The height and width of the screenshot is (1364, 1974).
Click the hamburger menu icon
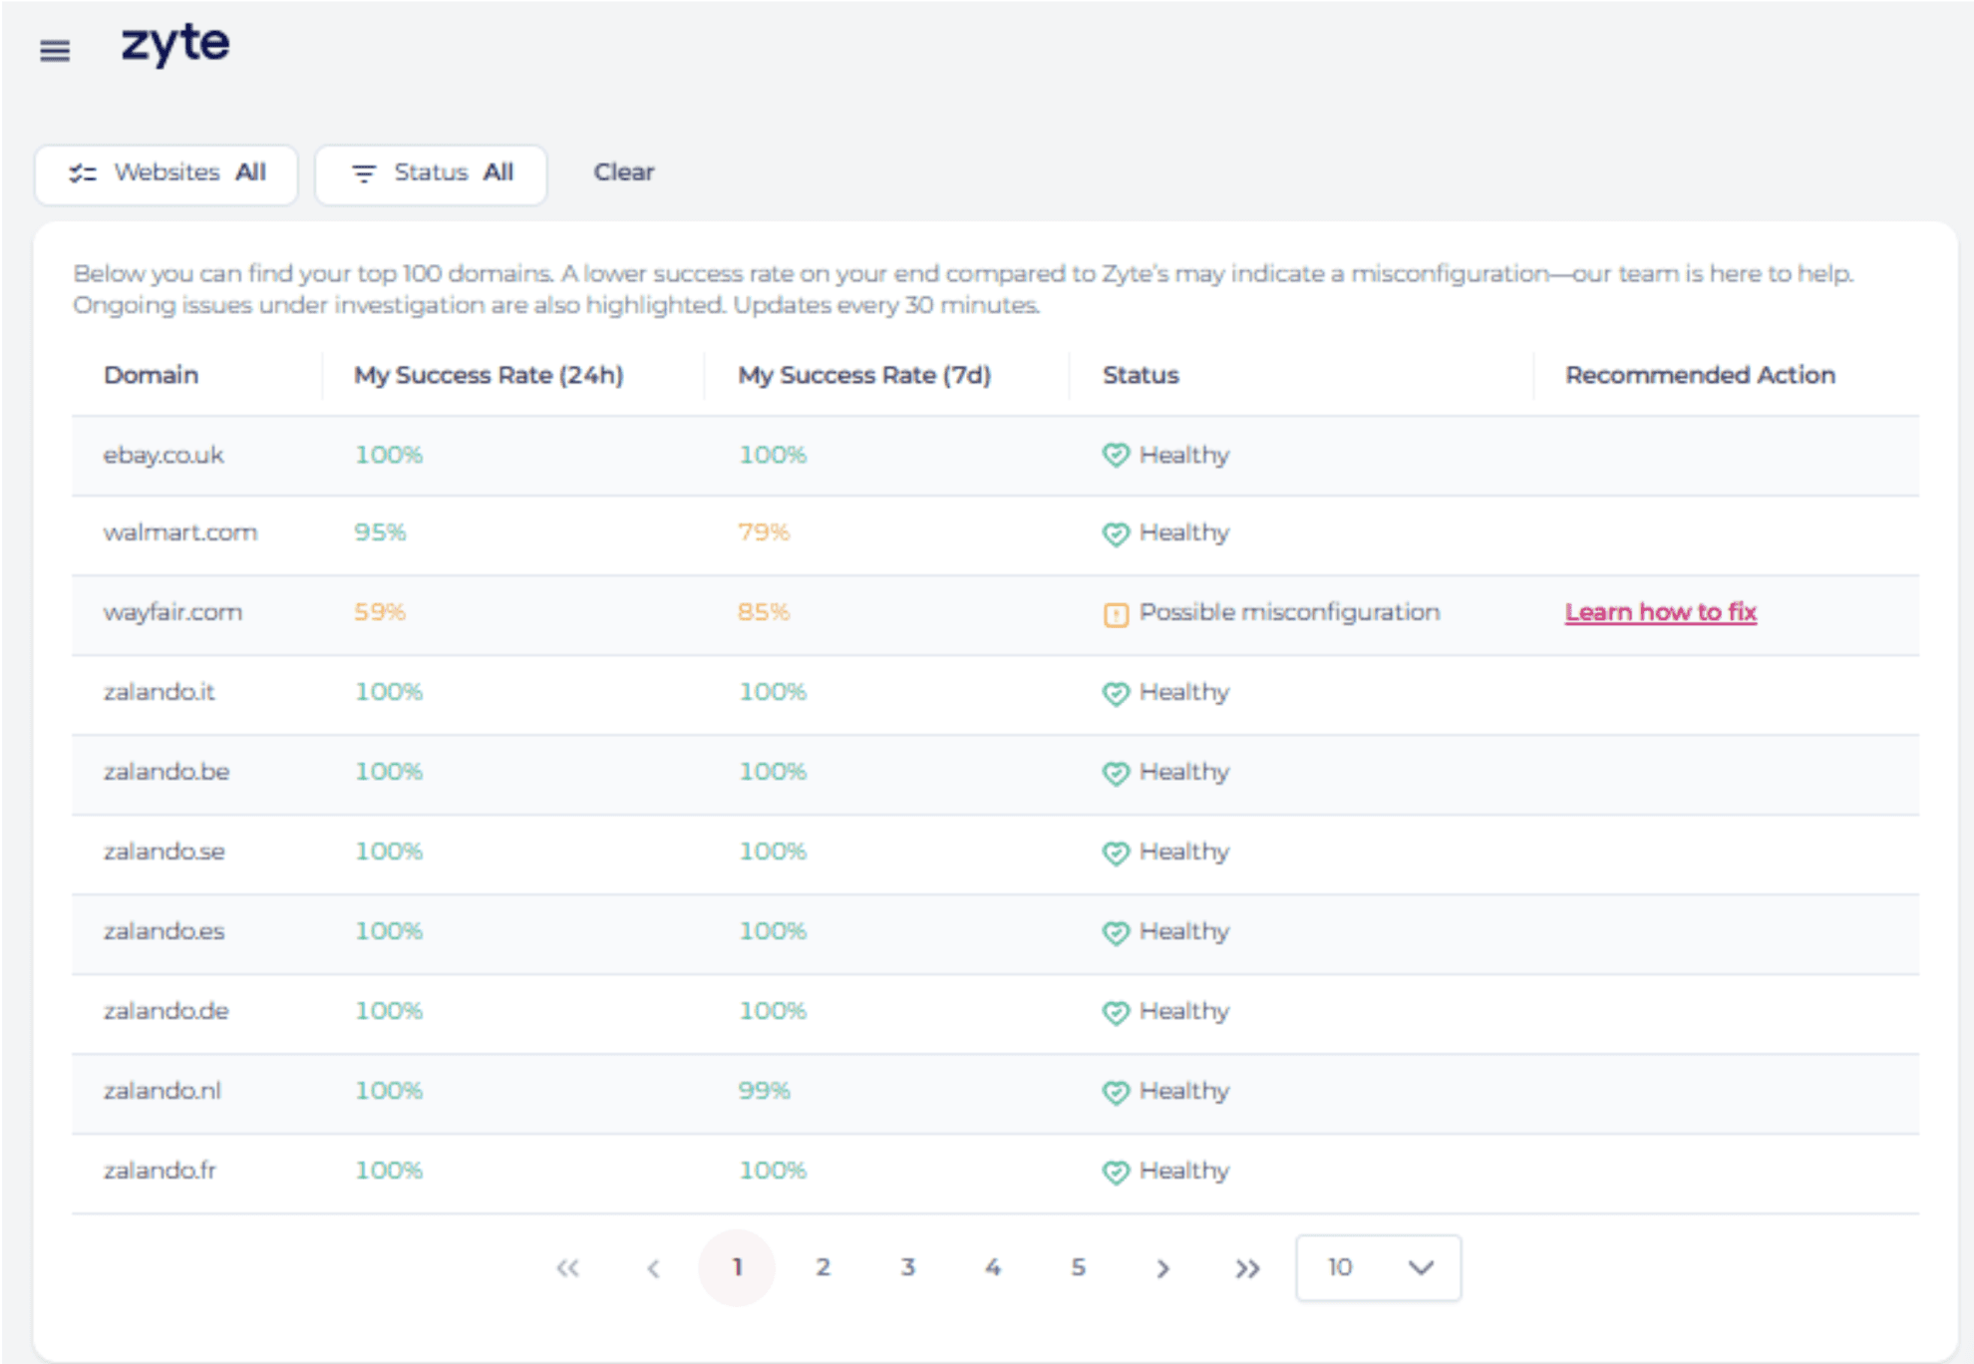(55, 50)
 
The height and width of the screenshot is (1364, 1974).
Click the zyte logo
(175, 45)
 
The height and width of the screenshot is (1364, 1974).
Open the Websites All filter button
(166, 173)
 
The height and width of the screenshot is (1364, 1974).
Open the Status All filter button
(431, 173)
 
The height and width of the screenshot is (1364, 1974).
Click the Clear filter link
(624, 172)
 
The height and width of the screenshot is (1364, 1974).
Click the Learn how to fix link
(1660, 612)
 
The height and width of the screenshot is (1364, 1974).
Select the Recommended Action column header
(1699, 375)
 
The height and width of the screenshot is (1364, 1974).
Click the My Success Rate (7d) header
(863, 375)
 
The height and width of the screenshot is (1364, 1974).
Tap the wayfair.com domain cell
(172, 612)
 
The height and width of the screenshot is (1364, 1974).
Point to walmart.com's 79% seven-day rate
(764, 532)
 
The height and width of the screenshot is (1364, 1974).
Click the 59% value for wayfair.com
(380, 612)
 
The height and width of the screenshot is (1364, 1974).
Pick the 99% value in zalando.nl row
(764, 1091)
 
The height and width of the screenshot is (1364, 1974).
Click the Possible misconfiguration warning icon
(1116, 614)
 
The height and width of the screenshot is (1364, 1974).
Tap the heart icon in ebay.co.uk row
(1116, 456)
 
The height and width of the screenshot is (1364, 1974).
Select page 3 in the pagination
(907, 1267)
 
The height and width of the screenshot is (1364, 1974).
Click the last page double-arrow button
(1247, 1268)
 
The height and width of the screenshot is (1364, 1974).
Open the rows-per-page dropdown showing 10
(1378, 1267)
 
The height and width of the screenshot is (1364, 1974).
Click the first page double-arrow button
(567, 1268)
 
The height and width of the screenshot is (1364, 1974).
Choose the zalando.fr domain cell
(160, 1171)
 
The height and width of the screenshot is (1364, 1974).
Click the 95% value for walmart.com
(380, 532)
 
